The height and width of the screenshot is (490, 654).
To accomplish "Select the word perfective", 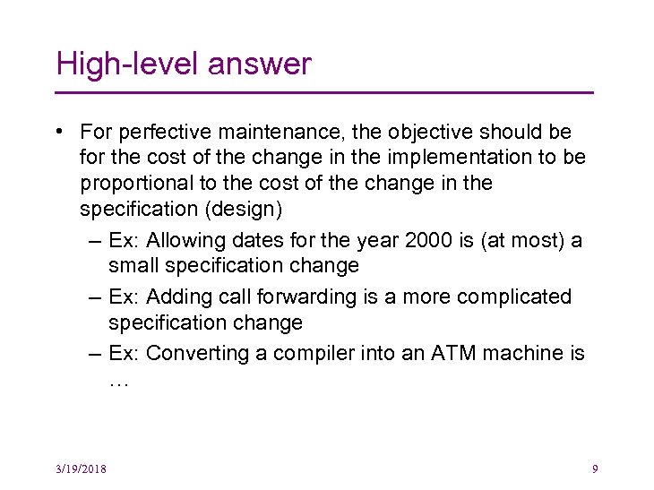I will coord(158,133).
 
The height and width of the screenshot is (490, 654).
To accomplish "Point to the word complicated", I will coord(515,297).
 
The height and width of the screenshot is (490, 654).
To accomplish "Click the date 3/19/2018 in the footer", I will coord(79,468).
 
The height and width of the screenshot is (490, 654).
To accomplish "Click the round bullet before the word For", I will coord(57,133).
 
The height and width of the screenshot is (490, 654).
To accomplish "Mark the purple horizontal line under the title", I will coord(324,92).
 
